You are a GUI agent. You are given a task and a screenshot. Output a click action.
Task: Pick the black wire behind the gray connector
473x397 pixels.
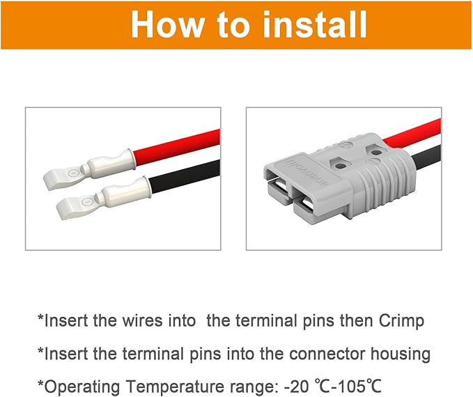tap(426, 153)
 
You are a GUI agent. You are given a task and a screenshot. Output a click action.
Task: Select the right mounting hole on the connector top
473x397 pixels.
tap(376, 150)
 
